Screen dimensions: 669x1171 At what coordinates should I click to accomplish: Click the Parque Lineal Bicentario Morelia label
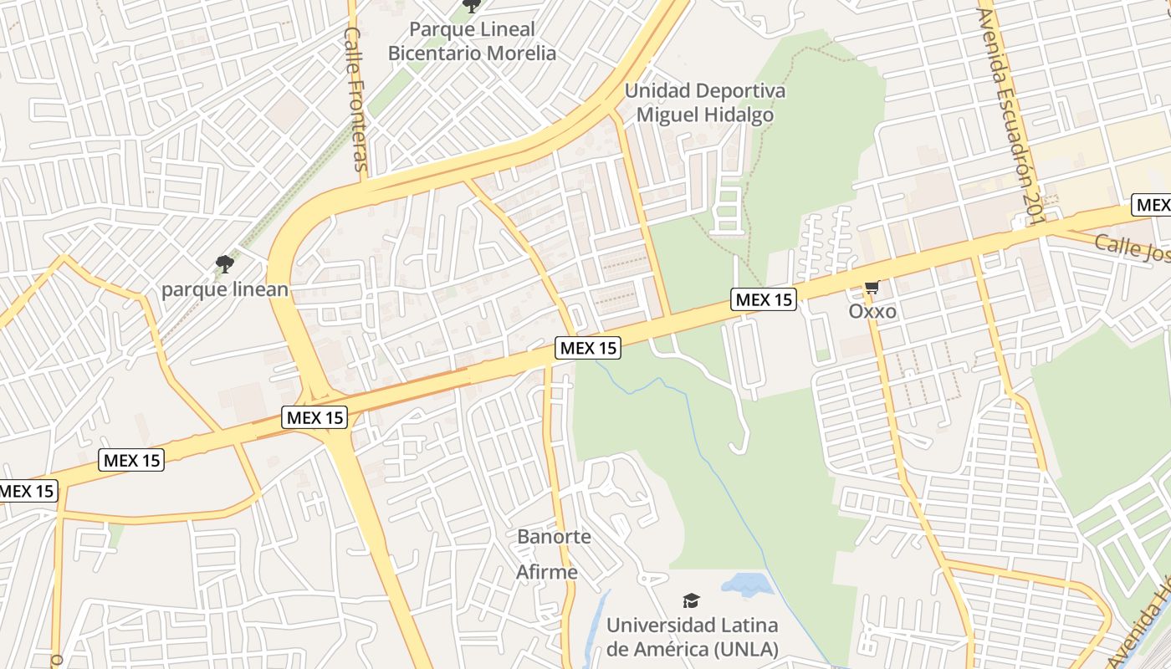click(472, 41)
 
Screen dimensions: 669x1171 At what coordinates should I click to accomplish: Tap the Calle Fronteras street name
click(357, 99)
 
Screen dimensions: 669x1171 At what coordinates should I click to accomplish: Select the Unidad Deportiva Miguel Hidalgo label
click(705, 103)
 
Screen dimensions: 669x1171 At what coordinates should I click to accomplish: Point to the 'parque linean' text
click(224, 290)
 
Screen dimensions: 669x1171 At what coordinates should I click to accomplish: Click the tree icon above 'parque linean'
click(224, 265)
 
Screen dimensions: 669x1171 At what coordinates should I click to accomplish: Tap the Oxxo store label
click(872, 312)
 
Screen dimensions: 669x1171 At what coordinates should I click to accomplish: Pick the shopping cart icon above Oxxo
click(872, 288)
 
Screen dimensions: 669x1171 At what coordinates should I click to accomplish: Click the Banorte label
click(554, 537)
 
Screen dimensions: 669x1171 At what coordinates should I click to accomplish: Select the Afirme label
click(547, 573)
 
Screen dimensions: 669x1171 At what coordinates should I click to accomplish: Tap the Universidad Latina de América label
click(692, 636)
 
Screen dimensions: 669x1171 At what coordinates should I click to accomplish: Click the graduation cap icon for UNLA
click(691, 600)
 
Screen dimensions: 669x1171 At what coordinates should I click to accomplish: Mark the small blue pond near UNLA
click(747, 585)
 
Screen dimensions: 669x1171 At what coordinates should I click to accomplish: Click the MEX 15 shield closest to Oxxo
click(763, 299)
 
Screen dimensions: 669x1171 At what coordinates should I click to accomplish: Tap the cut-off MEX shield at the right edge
click(1153, 205)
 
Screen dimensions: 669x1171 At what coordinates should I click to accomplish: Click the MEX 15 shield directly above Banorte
click(588, 348)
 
